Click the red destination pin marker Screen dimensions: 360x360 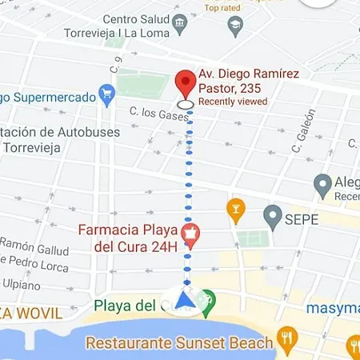click(x=186, y=82)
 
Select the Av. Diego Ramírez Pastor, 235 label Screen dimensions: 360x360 click(x=248, y=81)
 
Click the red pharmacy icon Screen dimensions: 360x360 click(x=192, y=234)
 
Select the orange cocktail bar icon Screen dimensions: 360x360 click(x=235, y=210)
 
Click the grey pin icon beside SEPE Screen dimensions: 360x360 click(x=274, y=215)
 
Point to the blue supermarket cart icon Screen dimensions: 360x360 click(x=106, y=95)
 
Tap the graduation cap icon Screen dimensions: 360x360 click(x=234, y=27)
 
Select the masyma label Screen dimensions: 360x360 click(x=332, y=307)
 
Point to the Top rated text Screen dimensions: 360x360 click(x=222, y=8)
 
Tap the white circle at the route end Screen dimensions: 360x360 click(x=186, y=104)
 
